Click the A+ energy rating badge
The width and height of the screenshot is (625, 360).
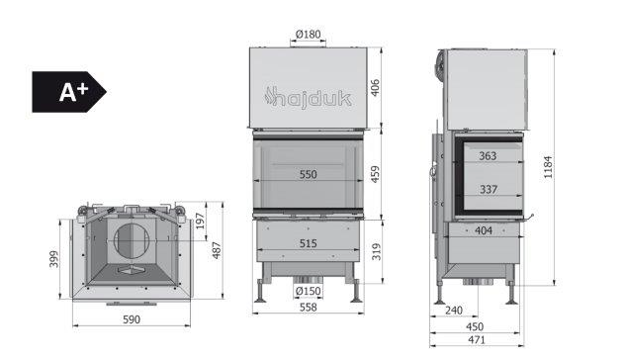(x=68, y=92)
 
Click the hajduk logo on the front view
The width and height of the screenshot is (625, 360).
(x=308, y=98)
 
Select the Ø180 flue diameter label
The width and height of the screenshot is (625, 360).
(x=309, y=35)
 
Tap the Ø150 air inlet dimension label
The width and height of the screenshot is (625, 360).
(x=309, y=291)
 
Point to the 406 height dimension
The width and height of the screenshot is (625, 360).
(x=375, y=88)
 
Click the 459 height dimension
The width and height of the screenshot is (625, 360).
(x=375, y=174)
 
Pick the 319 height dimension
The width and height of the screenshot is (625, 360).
(x=376, y=251)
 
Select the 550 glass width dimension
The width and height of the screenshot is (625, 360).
(x=309, y=174)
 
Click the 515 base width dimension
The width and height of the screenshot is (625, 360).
(x=309, y=242)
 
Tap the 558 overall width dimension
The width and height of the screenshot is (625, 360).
(x=309, y=307)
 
